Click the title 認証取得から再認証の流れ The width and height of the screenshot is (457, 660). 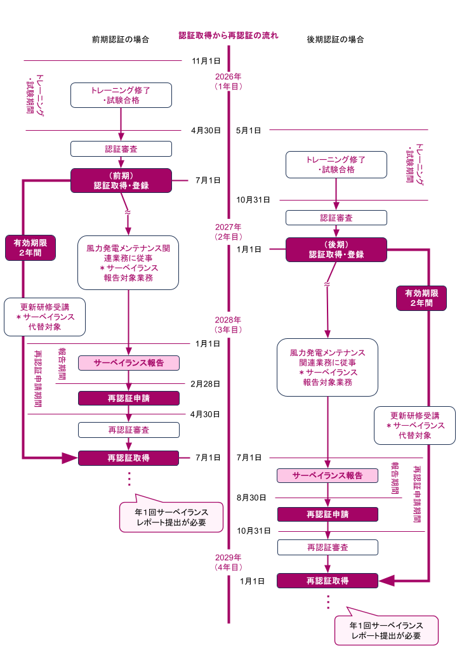(228, 36)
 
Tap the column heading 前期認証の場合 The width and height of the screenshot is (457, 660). (121, 39)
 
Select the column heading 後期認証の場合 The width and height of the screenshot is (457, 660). (336, 39)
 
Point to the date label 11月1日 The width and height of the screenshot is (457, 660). (206, 61)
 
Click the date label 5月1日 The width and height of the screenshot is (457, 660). (248, 130)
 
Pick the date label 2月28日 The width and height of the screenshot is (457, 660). (205, 384)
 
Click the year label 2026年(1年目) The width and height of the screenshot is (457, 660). (228, 81)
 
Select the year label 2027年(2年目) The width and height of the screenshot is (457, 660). (228, 232)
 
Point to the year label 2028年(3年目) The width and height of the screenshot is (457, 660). (228, 325)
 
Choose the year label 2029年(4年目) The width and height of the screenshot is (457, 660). (228, 562)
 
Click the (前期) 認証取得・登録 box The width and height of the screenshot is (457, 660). (121, 180)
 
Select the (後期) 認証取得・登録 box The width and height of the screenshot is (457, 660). (336, 249)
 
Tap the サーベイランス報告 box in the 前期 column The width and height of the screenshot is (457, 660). (129, 363)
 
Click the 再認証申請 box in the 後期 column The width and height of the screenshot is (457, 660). (328, 514)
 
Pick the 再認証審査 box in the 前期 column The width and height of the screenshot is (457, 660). (129, 430)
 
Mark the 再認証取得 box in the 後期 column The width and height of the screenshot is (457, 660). (328, 580)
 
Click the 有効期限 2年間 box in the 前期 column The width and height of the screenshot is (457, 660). (30, 248)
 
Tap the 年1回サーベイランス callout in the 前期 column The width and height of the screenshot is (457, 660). (171, 516)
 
